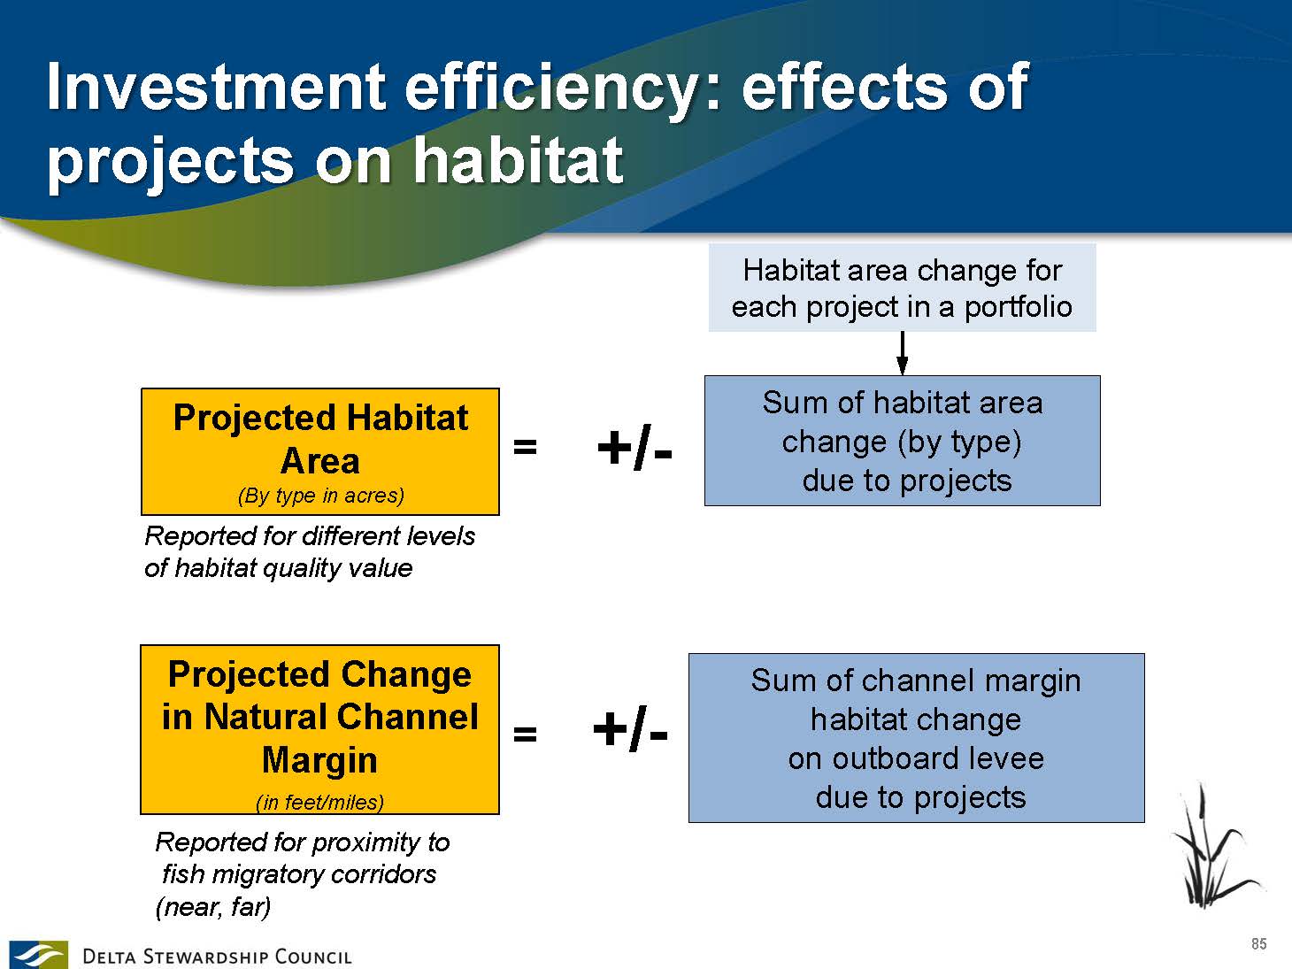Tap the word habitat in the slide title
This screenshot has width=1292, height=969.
pos(518,159)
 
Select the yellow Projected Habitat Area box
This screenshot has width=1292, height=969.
pos(320,451)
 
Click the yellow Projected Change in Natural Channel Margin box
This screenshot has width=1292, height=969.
pos(319,729)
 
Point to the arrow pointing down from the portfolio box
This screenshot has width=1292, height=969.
pos(902,353)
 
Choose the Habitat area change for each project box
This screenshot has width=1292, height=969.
pos(903,288)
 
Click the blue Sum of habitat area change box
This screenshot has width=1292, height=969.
pos(903,441)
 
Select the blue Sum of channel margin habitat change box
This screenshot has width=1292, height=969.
pos(917,738)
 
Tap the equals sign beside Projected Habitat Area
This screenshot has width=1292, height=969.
pos(525,447)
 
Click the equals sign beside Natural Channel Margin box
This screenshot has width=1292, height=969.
pos(525,734)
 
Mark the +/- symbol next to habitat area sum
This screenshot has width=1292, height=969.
pos(634,448)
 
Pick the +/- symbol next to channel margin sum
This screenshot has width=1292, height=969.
pos(630,729)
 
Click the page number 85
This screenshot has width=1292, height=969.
pos(1259,943)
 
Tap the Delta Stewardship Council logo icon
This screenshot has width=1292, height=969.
pos(38,954)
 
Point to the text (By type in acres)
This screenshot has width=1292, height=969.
pos(321,496)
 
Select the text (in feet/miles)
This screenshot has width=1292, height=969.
pos(319,802)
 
